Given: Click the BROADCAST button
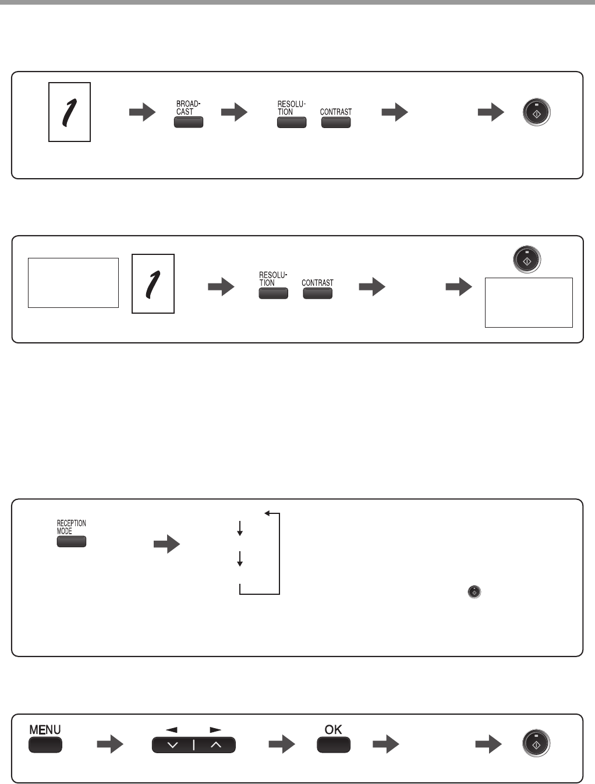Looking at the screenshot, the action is coord(188,122).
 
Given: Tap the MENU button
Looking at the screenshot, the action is coord(45,745).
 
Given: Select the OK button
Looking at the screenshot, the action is coord(334,745).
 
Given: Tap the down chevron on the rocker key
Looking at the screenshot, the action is coord(173,746).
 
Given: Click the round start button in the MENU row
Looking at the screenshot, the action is coord(536,744).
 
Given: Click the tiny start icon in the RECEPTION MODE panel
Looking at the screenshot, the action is coord(474,592).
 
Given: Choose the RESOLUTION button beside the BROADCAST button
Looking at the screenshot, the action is coord(292,122).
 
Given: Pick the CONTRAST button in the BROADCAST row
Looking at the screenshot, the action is coord(336,122).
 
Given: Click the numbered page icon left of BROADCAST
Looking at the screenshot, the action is coord(69,112).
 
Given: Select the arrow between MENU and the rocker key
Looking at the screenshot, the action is coord(110,744).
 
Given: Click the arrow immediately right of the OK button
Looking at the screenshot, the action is coord(386,744).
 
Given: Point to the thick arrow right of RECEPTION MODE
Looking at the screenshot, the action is coord(167,545).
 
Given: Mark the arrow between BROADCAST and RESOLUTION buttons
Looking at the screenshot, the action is coord(234,112).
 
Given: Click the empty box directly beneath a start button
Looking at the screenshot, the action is coord(529,303).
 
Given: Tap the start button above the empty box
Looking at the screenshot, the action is coord(526,260).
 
